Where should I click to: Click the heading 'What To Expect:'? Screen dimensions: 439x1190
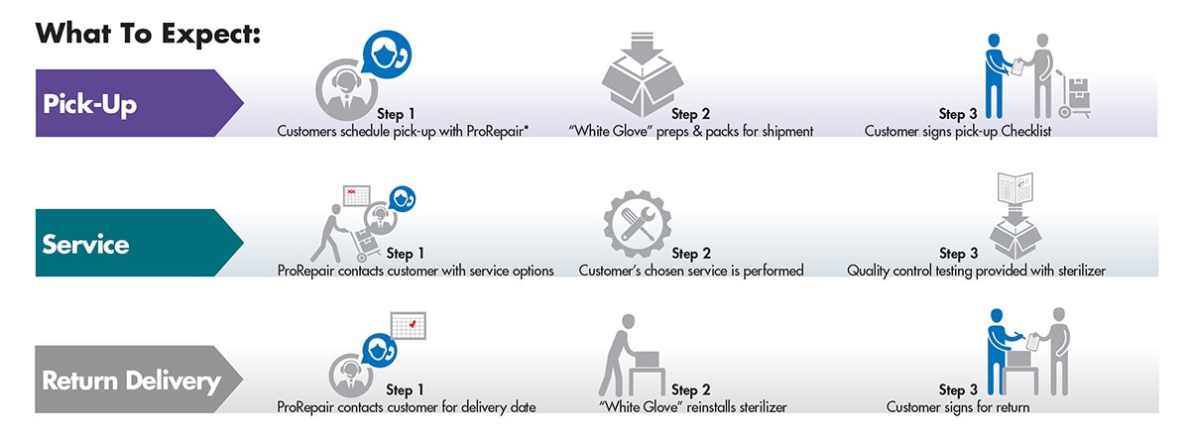[x=148, y=33]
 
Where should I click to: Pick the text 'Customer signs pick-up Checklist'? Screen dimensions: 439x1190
[x=957, y=131]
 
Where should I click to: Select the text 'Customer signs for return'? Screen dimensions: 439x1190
[x=958, y=406]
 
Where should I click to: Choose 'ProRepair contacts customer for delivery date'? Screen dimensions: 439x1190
[x=407, y=406]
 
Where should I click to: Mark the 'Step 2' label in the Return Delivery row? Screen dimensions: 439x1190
[x=690, y=390]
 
